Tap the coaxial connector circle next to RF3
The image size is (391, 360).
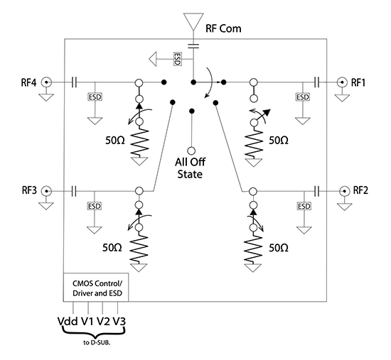pos(48,190)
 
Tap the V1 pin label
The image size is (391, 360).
pos(89,321)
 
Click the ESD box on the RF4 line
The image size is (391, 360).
pos(94,97)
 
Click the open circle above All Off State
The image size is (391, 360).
pos(191,151)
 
